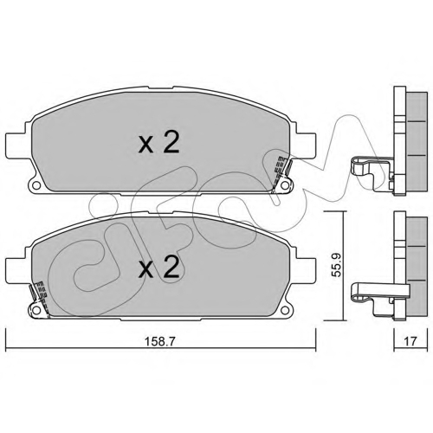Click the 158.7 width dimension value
coord(159,341)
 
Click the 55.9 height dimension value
coord(336,265)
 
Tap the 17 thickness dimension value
coord(410,341)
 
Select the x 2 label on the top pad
coord(158,142)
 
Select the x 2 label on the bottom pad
coord(158,268)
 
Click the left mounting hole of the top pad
coord(36,185)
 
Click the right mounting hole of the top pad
coord(285,185)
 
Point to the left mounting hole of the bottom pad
coord(36,310)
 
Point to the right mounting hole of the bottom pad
coord(285,310)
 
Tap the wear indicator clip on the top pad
coord(281,171)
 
